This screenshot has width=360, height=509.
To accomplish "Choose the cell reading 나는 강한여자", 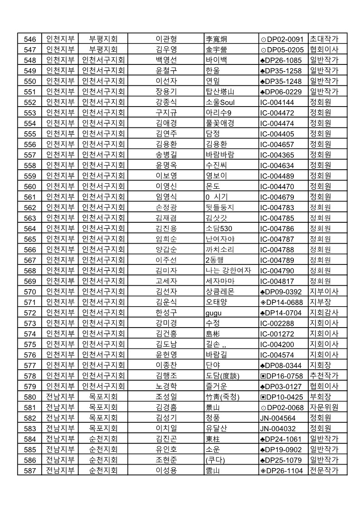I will coord(228,271).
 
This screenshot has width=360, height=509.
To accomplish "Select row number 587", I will coord(29,471).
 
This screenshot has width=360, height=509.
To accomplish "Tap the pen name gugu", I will coord(214,313).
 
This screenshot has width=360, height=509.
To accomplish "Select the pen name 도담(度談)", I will coord(222,376).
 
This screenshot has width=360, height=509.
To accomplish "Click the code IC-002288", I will coord(277,323).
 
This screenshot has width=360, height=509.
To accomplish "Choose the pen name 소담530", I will coord(219,229).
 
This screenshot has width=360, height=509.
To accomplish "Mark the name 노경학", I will coord(166,387).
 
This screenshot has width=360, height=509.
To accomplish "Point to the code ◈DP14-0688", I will coord(281,303).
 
